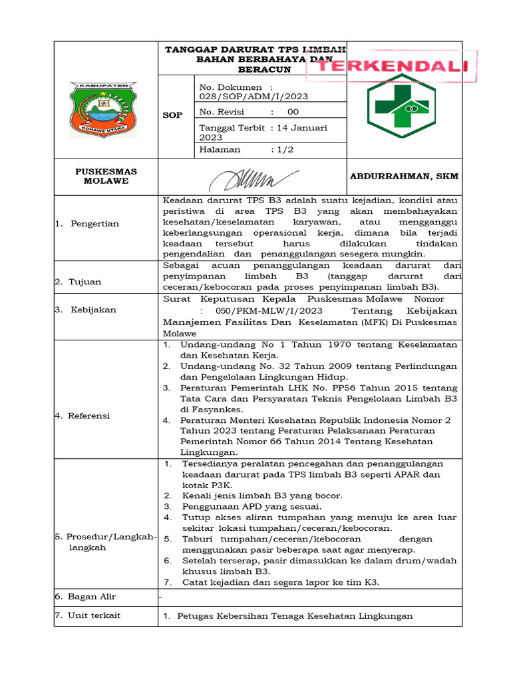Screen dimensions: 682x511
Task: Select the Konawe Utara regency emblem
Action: pos(104,110)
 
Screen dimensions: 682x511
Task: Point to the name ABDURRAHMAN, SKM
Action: pos(404,176)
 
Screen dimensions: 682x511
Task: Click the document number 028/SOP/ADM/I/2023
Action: pos(253,97)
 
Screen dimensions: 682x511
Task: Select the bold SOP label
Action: pos(172,115)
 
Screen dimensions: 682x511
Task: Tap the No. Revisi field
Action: pos(250,112)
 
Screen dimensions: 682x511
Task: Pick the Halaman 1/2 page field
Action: pos(246,150)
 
